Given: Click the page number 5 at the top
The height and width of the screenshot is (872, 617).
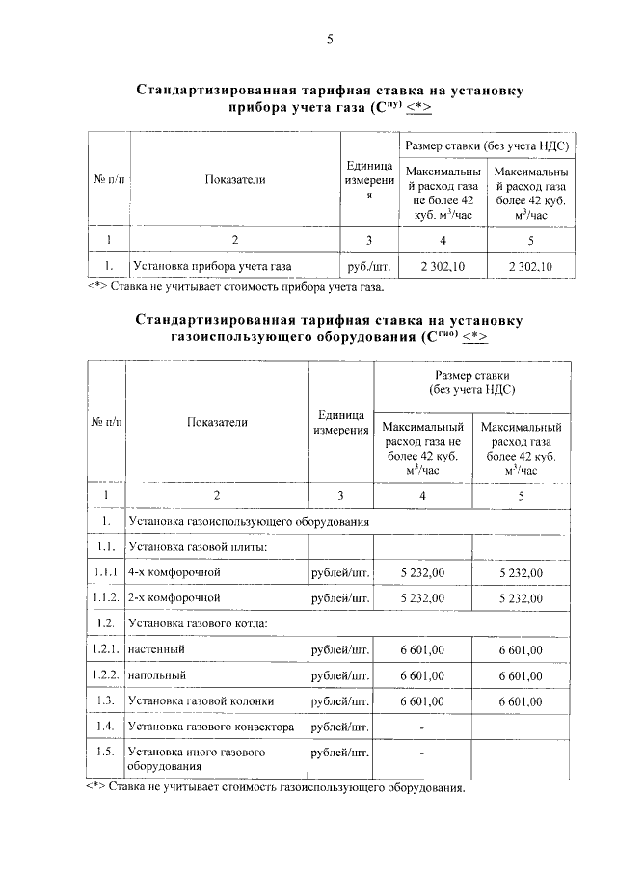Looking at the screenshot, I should tap(330, 40).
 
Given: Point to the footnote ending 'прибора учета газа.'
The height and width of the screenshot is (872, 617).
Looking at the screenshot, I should tap(236, 286).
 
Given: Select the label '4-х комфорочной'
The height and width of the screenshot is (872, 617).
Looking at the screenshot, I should tap(174, 573).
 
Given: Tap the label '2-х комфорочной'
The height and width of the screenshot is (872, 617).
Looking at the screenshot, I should tap(174, 598).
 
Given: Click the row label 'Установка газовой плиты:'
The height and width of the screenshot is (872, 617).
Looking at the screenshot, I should tap(197, 547).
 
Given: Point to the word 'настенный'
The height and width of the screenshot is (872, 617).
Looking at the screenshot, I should tap(156, 649).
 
